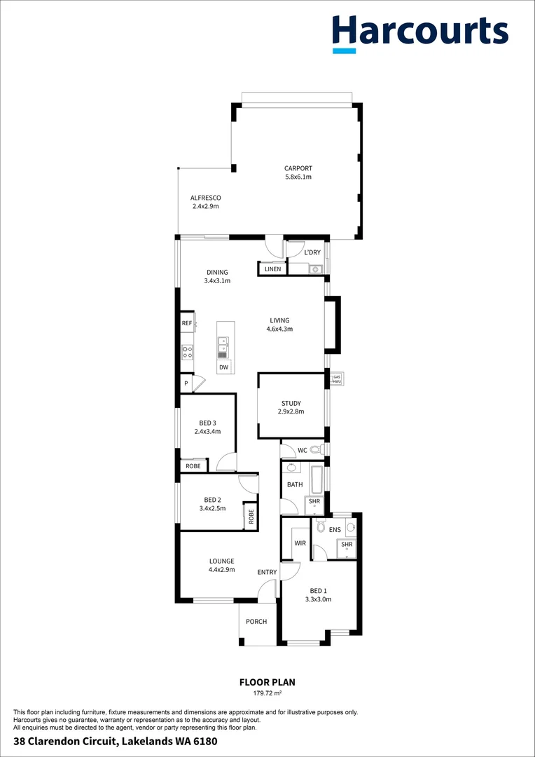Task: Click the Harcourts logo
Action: (419, 32)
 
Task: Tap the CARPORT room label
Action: (298, 168)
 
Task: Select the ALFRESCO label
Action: (206, 198)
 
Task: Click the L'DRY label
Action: (312, 252)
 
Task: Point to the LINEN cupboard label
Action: (272, 269)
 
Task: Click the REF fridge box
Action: (187, 323)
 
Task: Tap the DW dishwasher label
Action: (223, 367)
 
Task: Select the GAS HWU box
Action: (337, 378)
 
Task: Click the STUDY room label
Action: (291, 403)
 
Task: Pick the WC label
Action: (303, 449)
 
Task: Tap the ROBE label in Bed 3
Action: (193, 466)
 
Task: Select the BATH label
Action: (295, 484)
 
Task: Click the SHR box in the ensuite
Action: (346, 545)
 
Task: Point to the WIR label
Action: (300, 543)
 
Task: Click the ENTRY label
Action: (267, 573)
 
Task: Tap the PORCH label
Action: (256, 622)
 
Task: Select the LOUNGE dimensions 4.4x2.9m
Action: (221, 570)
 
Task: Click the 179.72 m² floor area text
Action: (267, 693)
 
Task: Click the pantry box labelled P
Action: (186, 383)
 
